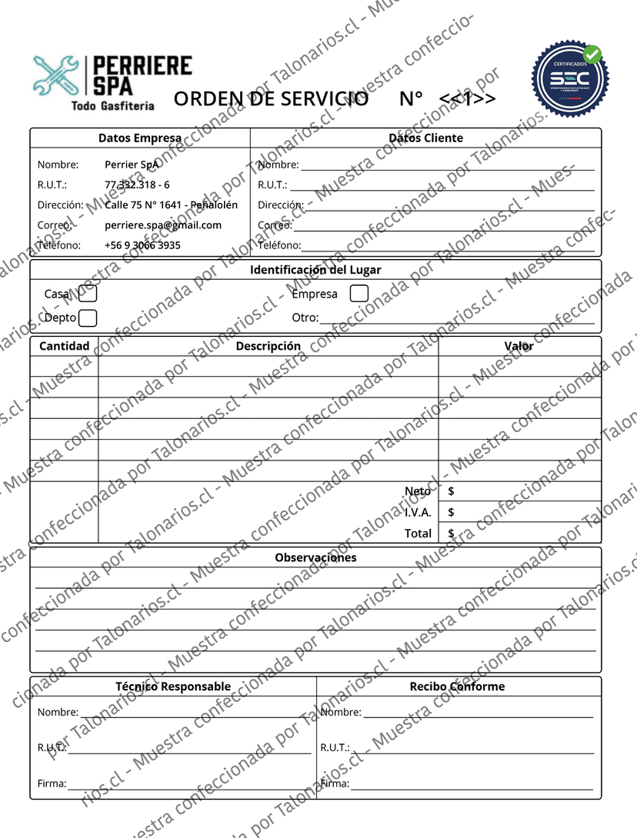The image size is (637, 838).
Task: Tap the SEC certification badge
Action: coord(570,80)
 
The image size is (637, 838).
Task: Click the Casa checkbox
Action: coord(88,293)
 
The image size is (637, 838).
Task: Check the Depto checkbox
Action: coord(88,318)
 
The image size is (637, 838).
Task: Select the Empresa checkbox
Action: coord(359,294)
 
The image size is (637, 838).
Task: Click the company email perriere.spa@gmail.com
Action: coord(163,225)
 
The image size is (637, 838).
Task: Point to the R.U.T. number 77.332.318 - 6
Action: coord(137,185)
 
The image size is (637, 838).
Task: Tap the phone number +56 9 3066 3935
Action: coord(142,245)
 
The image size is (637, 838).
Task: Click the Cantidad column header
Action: coord(65,346)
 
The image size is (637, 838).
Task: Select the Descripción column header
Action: coord(268,346)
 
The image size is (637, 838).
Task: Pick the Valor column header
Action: coord(519,346)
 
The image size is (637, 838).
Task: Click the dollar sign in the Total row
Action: coord(451,533)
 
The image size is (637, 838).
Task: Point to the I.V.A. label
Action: coord(418,512)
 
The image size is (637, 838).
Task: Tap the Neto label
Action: coord(418,491)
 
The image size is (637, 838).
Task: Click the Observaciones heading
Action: coord(315,557)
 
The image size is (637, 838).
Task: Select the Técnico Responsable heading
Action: coord(173,687)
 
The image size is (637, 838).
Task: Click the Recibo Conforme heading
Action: coord(457,687)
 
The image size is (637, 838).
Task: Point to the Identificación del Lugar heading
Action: coord(315,270)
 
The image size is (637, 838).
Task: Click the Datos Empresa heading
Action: coord(140,138)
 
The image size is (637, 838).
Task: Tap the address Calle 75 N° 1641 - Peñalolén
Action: coord(171,205)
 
